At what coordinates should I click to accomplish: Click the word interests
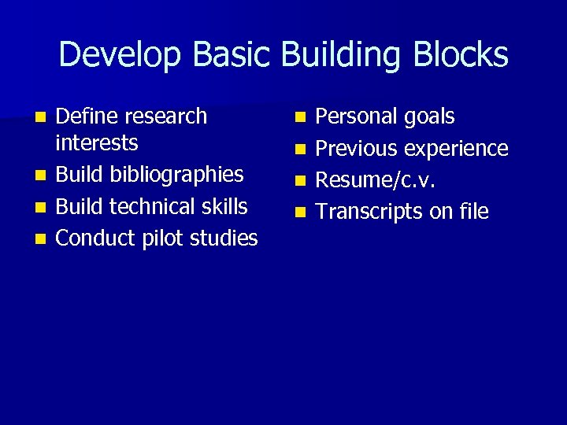tap(97, 143)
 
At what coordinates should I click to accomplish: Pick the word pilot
tap(165, 238)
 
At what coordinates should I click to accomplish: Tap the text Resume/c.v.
tap(376, 180)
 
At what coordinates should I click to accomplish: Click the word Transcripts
tap(368, 212)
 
